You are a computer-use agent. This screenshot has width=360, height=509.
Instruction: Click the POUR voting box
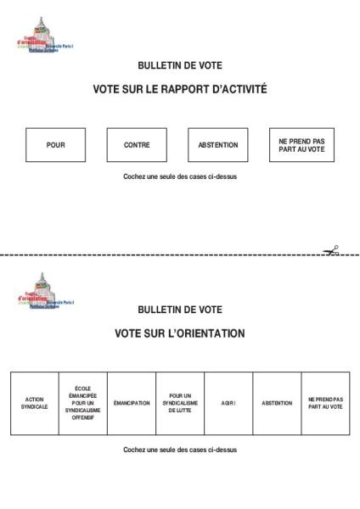point(55,145)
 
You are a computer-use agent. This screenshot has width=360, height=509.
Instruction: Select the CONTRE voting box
point(137,145)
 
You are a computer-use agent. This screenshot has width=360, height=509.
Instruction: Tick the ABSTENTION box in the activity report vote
point(218,145)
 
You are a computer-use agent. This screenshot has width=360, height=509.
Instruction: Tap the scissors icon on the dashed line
point(330,249)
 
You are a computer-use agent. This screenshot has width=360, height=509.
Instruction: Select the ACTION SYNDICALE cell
point(34,403)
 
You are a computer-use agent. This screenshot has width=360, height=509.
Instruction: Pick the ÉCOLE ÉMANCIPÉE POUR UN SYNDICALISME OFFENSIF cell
point(82,403)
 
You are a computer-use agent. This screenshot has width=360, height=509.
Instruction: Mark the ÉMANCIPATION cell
point(131,403)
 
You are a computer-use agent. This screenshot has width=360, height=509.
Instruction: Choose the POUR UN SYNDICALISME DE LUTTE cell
point(180,403)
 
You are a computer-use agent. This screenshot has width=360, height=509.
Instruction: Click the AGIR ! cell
point(228,403)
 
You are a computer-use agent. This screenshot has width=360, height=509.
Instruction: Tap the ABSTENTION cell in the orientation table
point(277,403)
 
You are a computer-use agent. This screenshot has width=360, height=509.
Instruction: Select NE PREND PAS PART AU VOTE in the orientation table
point(325,403)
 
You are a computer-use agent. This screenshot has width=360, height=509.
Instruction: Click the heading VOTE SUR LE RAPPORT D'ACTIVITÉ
point(180,88)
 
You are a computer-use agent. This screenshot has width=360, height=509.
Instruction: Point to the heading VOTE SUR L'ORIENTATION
point(180,333)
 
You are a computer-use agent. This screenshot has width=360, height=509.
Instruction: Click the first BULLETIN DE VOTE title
point(180,65)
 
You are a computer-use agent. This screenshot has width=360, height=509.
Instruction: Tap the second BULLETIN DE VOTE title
point(180,310)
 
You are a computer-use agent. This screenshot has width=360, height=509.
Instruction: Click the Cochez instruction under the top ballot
point(180,176)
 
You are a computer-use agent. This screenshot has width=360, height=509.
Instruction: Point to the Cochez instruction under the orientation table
point(180,450)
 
